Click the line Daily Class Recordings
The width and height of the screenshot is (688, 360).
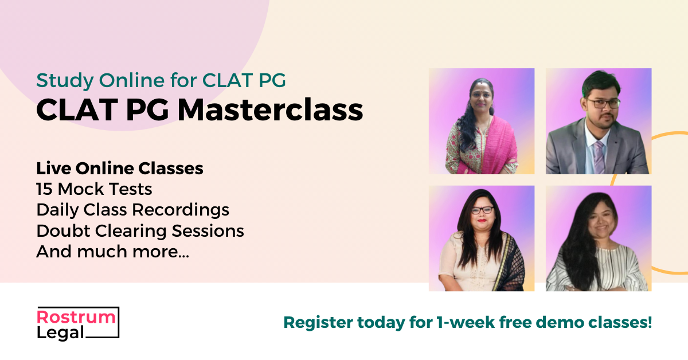coord(132,210)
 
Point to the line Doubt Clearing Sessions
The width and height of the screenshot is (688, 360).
coord(140,231)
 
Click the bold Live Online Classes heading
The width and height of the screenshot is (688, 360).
coord(120,169)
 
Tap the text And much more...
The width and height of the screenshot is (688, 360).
coord(112,252)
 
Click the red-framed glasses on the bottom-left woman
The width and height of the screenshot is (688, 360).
coord(482,210)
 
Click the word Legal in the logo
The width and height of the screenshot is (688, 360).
coord(60,332)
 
